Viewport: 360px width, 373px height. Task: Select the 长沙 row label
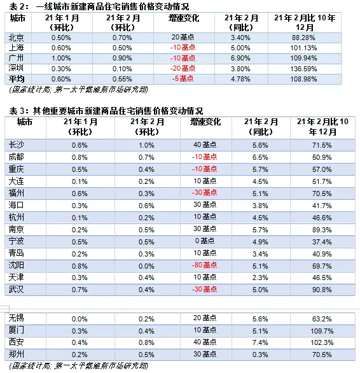coord(17,144)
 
